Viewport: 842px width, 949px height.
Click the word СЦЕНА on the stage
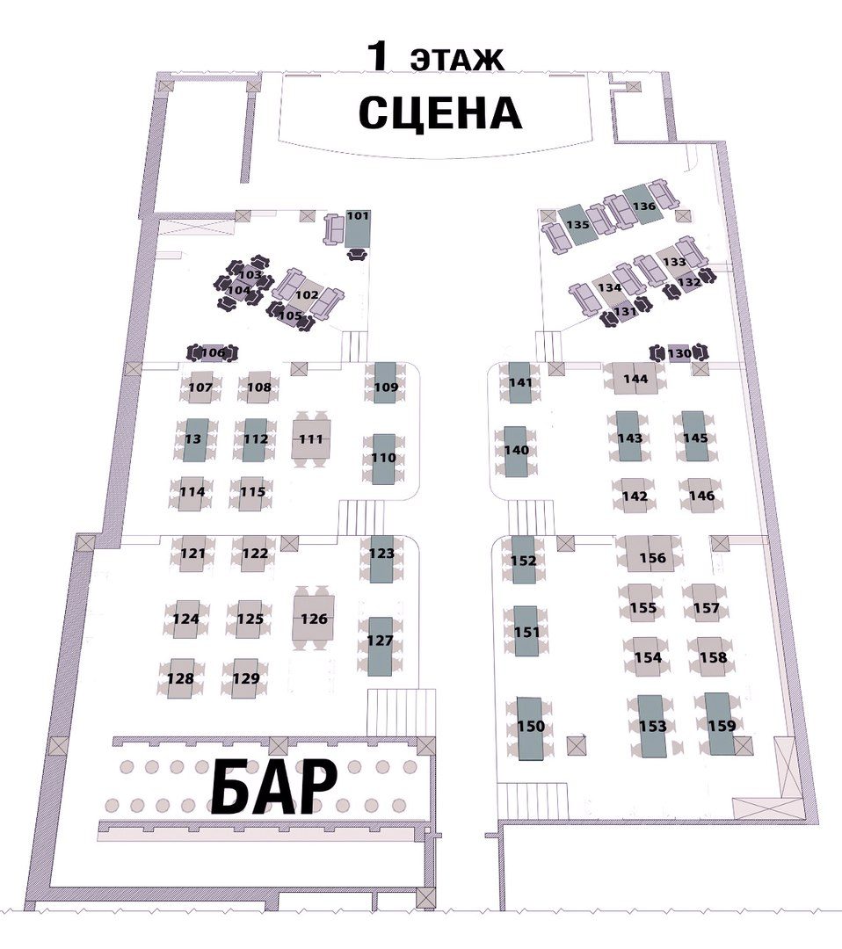[x=440, y=113]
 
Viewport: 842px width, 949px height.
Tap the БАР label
[x=274, y=786]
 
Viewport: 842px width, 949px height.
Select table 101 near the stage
[x=358, y=228]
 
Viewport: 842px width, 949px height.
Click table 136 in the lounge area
[x=642, y=206]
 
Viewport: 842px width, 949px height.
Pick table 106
[x=213, y=353]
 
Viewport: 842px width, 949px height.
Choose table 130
[x=679, y=353]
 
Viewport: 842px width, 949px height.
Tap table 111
[x=311, y=438]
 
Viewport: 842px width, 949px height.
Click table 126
[x=314, y=618]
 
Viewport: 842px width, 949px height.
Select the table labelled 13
[x=195, y=439]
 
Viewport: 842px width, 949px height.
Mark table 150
[x=530, y=728]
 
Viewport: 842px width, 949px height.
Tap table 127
[x=381, y=647]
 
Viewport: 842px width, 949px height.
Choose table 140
[x=516, y=451]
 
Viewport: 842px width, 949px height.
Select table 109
[x=386, y=382]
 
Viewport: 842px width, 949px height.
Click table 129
[x=246, y=678]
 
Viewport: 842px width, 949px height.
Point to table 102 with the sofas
[x=308, y=295]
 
